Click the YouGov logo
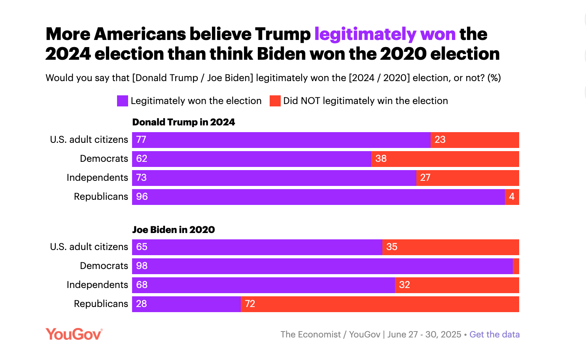coord(74,334)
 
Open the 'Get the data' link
coord(494,334)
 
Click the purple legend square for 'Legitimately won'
coord(122,101)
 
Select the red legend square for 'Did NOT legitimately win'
coord(275,101)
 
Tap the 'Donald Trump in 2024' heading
coord(183,122)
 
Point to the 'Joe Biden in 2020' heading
coord(173,229)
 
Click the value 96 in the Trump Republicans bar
coord(142,197)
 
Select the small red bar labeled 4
coord(512,197)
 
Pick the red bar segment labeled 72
coord(380,304)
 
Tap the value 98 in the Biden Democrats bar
coord(142,266)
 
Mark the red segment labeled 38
coord(445,159)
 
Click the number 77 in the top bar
coord(141,140)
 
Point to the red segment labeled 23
coord(474,140)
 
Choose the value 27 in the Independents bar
coord(425,178)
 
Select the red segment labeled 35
coord(451,247)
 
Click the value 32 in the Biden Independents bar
coord(405,285)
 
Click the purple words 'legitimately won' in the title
coord(385,34)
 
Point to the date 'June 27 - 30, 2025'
coord(424,334)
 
